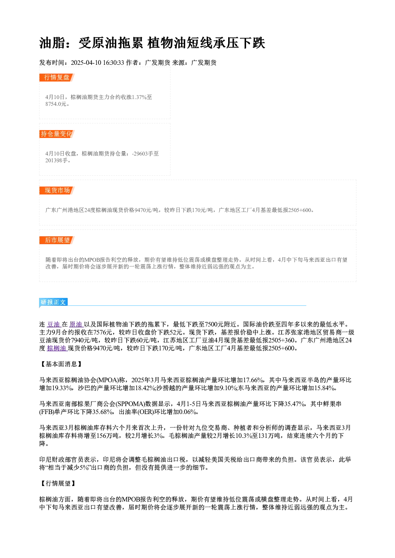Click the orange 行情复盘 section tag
point(57,78)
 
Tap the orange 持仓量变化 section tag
point(57,134)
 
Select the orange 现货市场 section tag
point(57,191)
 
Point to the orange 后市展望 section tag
point(57,240)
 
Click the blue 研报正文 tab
point(53,302)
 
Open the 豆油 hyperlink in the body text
point(54,324)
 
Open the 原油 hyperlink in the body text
point(76,324)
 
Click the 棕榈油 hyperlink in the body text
point(57,348)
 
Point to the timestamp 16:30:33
point(113,63)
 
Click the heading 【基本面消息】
point(61,364)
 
